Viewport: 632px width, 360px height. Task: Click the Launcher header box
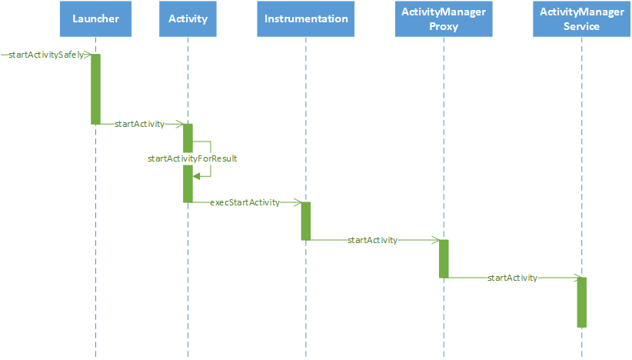coord(95,19)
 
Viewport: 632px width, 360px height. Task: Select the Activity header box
coord(188,19)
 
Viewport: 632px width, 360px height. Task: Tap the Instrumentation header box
coord(306,19)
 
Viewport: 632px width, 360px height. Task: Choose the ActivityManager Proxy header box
coord(444,19)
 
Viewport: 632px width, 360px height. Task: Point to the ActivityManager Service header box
coord(581,19)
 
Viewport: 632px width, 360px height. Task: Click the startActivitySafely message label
coord(46,55)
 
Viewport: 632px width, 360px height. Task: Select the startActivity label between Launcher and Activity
coord(139,124)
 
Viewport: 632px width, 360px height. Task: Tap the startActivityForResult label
coord(192,158)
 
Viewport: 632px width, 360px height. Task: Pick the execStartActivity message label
coord(244,202)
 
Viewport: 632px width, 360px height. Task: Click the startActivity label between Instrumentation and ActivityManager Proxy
coord(372,240)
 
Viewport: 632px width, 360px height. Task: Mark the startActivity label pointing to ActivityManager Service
coord(512,278)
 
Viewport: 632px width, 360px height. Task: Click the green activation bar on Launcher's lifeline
coord(95,89)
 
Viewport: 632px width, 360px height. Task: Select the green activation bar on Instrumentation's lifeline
coord(306,222)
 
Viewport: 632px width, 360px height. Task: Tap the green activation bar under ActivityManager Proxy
coord(444,258)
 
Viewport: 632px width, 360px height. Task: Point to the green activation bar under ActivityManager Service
coord(581,302)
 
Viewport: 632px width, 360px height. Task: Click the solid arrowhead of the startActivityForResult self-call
coord(196,176)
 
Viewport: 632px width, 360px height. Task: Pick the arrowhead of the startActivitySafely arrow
coord(87,55)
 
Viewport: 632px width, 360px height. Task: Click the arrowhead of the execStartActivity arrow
coord(298,202)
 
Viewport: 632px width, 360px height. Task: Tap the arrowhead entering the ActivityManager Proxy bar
coord(435,240)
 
